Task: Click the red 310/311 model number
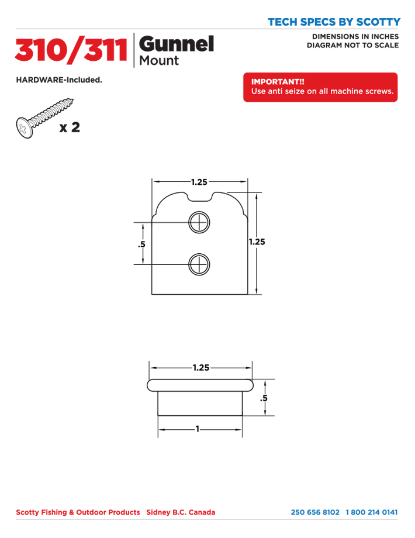click(x=71, y=50)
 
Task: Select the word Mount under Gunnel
click(x=159, y=60)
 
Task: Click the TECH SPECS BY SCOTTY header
click(x=334, y=22)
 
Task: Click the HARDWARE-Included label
click(x=59, y=80)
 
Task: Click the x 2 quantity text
click(x=70, y=128)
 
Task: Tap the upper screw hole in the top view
click(x=199, y=222)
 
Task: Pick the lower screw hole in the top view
click(x=199, y=265)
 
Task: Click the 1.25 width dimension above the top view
click(x=199, y=182)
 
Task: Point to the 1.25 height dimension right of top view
click(x=257, y=241)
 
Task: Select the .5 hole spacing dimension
click(x=141, y=244)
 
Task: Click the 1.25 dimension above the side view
click(x=200, y=368)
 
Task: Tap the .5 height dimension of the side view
click(x=264, y=398)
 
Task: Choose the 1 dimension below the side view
click(x=198, y=429)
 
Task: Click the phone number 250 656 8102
click(x=315, y=512)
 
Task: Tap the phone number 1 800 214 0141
click(x=372, y=512)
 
